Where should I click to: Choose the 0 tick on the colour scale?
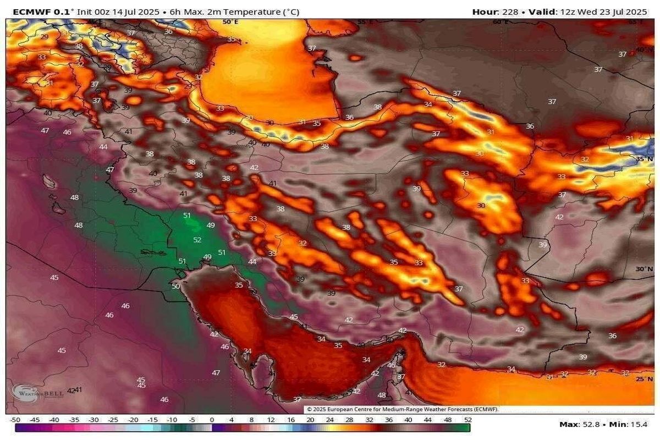(211, 420)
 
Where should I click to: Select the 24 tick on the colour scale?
(329, 420)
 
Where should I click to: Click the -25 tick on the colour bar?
(113, 420)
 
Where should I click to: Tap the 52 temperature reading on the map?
(197, 240)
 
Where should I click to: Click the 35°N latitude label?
(644, 158)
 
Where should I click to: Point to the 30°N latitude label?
(644, 269)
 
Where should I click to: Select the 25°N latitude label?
(644, 379)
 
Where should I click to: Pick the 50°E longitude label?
(230, 22)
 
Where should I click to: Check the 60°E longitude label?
(501, 22)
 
